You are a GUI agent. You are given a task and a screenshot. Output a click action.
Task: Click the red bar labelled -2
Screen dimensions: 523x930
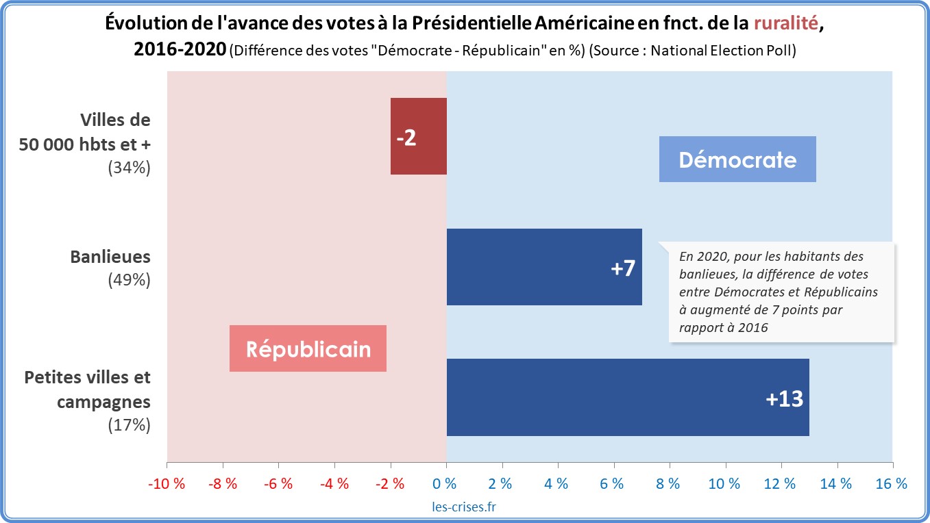418,136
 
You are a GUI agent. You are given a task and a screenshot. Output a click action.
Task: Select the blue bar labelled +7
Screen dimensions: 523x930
543,267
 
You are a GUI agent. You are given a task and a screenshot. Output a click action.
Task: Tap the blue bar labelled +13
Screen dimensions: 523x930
627,397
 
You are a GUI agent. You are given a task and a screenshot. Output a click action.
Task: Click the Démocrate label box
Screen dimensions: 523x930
737,160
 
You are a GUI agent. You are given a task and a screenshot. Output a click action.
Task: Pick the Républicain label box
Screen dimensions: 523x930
308,349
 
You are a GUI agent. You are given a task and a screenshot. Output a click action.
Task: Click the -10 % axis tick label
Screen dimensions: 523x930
167,483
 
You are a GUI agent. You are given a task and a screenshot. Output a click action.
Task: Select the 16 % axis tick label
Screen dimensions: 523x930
891,483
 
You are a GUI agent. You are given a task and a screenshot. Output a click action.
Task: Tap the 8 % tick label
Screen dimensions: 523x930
668,483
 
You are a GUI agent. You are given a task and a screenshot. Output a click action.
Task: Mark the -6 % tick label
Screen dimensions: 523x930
278,483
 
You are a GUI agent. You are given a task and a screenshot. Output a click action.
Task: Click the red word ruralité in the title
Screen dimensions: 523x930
785,23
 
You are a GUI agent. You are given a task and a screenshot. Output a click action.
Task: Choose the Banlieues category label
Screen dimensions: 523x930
110,257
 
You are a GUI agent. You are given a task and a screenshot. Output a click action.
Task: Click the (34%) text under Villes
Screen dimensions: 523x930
129,168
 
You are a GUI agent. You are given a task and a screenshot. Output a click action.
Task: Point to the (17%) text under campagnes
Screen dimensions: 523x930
129,424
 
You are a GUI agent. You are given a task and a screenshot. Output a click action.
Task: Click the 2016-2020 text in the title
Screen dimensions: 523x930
180,50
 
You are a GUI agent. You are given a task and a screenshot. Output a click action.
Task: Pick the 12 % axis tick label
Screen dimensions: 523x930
780,483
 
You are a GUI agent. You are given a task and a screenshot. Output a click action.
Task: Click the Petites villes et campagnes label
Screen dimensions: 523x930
88,390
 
